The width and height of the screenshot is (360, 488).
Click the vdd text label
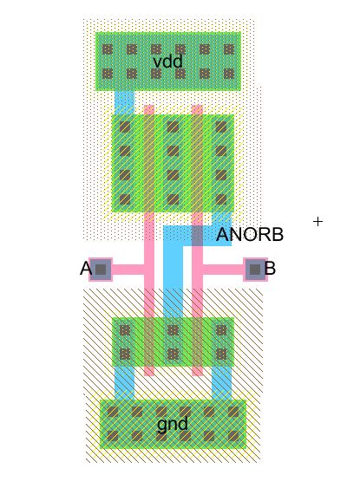[x=168, y=62]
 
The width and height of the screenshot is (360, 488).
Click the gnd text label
[x=173, y=424]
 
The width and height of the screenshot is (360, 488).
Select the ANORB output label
[x=250, y=235]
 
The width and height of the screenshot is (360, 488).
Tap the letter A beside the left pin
[x=85, y=269]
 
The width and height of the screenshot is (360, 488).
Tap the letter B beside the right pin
[x=271, y=269]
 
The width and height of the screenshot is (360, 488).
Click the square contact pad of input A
[x=101, y=270]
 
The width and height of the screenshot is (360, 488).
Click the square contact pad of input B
[x=254, y=270]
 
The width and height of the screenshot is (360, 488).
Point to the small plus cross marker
[x=317, y=222]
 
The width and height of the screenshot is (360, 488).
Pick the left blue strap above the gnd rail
[x=124, y=383]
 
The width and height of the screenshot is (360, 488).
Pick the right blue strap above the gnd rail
[x=222, y=383]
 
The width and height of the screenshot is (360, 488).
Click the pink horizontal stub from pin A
[x=128, y=270]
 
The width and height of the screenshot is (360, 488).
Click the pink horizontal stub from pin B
[x=222, y=270]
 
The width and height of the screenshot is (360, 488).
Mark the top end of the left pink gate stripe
[x=149, y=109]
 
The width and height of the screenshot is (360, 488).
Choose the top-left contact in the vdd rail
[x=108, y=50]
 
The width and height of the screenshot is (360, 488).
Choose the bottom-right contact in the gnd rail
[x=233, y=437]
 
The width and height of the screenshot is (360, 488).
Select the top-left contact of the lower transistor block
[x=125, y=330]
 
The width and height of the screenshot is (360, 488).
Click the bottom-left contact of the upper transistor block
[x=125, y=198]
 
